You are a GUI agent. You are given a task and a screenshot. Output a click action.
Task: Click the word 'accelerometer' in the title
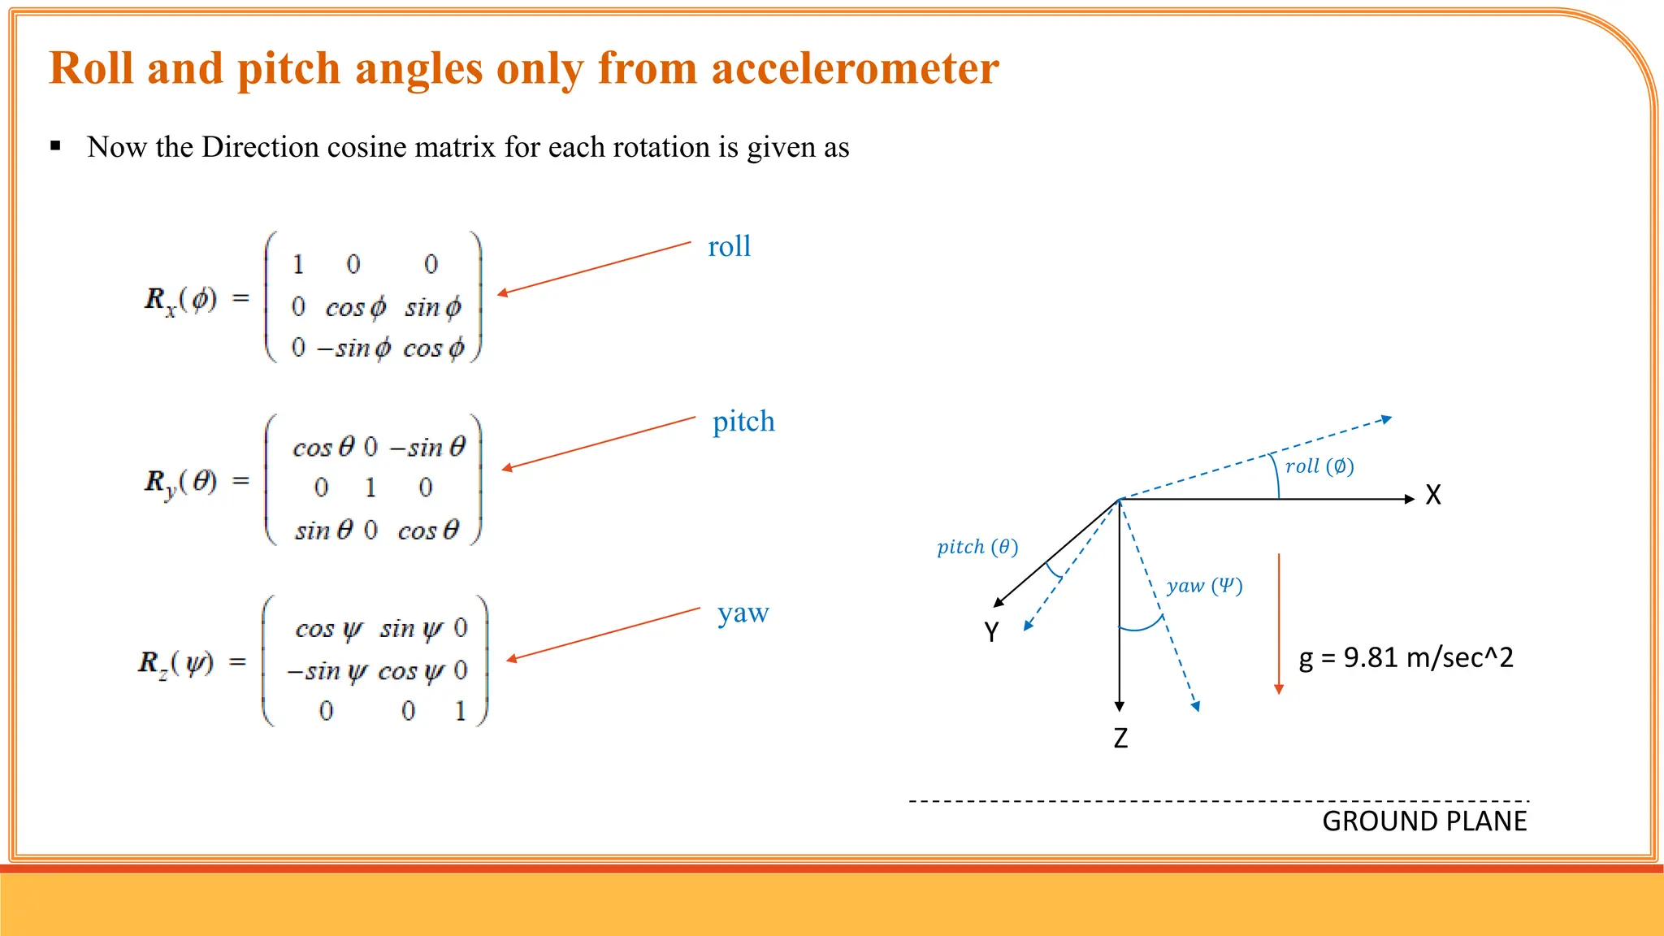855,68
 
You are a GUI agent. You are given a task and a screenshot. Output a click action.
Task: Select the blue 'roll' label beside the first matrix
729,246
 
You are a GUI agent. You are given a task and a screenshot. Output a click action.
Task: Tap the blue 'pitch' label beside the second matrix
743,422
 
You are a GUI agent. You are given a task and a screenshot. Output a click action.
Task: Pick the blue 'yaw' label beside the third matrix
743,613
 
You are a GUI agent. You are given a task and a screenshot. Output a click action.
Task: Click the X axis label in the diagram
1433,495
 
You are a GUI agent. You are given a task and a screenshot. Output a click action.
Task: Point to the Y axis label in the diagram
991,631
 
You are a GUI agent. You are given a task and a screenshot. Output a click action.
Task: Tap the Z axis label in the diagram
1120,738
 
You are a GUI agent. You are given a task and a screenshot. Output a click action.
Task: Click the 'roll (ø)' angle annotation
1319,466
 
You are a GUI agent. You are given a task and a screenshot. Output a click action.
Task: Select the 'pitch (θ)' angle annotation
977,547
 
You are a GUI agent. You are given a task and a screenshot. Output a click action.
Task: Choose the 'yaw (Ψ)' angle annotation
1204,586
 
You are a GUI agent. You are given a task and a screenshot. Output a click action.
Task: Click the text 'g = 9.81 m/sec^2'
1406,657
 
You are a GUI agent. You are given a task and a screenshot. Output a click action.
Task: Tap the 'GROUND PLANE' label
1424,821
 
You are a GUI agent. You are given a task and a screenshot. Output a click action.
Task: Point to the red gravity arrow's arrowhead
1279,689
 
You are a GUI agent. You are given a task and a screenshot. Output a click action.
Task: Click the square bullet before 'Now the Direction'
55,146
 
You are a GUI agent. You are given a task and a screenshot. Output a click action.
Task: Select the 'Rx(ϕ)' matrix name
180,300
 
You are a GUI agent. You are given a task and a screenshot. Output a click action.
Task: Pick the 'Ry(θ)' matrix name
180,483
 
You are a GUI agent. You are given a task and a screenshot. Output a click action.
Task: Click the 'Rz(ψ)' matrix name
176,663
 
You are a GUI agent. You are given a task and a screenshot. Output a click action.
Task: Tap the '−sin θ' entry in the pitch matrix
427,447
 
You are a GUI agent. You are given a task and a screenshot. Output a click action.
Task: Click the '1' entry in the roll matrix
298,264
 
